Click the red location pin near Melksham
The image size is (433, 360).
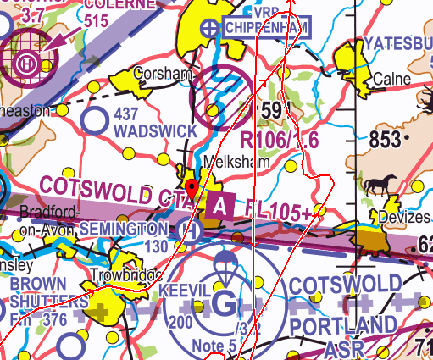click(192, 187)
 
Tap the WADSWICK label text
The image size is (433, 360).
click(155, 131)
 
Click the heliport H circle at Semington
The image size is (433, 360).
click(191, 229)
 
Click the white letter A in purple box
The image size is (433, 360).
click(220, 205)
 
